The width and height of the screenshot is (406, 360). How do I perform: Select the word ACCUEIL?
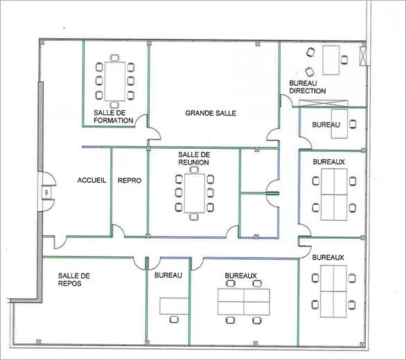click(x=91, y=180)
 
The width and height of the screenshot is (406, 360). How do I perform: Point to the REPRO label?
click(x=130, y=180)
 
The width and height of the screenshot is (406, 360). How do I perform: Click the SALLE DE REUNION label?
click(x=194, y=159)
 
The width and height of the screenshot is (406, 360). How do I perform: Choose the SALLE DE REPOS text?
click(x=75, y=279)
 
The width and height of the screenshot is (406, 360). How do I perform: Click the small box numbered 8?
click(x=46, y=192)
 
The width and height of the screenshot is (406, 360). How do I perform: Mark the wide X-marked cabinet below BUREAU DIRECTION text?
click(x=318, y=104)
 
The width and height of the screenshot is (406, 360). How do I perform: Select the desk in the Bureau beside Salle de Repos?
click(x=173, y=305)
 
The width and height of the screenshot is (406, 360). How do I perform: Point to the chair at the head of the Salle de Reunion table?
click(x=195, y=217)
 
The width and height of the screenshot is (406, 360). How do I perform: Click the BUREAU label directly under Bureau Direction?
click(x=326, y=125)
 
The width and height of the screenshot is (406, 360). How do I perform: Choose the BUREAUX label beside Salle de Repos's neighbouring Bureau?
click(x=240, y=276)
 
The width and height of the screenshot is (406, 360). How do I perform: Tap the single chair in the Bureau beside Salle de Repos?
click(x=173, y=320)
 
